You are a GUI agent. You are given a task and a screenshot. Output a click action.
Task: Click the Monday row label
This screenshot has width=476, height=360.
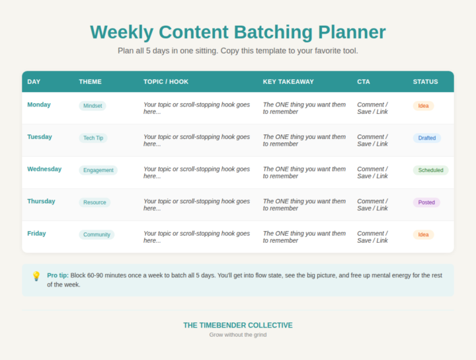point(38,105)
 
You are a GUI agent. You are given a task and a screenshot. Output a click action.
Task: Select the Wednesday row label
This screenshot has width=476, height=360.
point(44,169)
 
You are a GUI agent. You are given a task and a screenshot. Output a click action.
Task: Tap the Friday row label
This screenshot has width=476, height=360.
point(36,233)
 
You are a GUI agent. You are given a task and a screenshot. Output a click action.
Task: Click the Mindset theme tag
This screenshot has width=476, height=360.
point(92,106)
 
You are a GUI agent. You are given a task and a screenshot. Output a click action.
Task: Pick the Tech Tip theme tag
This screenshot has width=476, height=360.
point(93,138)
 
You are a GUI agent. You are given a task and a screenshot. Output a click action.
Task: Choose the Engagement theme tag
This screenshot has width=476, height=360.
point(98,170)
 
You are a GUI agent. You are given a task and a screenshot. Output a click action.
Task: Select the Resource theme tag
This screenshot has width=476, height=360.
point(95,202)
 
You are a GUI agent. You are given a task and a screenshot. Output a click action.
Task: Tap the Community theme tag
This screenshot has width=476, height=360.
point(97,234)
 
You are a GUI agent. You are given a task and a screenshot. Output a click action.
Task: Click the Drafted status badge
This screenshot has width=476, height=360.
point(426,138)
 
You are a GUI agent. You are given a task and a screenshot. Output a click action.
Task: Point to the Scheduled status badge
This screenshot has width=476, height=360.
point(430,170)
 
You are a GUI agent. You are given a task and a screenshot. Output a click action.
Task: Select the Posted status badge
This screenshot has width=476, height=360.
point(426,202)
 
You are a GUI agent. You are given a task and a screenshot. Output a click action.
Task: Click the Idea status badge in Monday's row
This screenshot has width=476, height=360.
point(423,106)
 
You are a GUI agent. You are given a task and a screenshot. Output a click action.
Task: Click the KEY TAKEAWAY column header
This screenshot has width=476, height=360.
point(288,82)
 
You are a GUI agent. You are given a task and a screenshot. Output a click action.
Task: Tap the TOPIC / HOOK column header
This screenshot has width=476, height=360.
point(166,82)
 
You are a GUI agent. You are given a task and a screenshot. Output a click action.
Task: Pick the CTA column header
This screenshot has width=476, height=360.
point(364,82)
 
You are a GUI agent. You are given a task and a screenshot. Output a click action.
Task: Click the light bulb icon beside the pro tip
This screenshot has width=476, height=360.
point(36,276)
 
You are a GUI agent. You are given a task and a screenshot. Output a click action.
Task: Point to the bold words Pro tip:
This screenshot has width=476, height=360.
point(58,275)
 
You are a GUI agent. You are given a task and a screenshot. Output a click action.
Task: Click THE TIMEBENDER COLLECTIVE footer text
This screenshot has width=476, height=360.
point(238,325)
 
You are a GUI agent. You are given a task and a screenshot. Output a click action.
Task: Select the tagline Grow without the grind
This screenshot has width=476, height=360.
point(238,335)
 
